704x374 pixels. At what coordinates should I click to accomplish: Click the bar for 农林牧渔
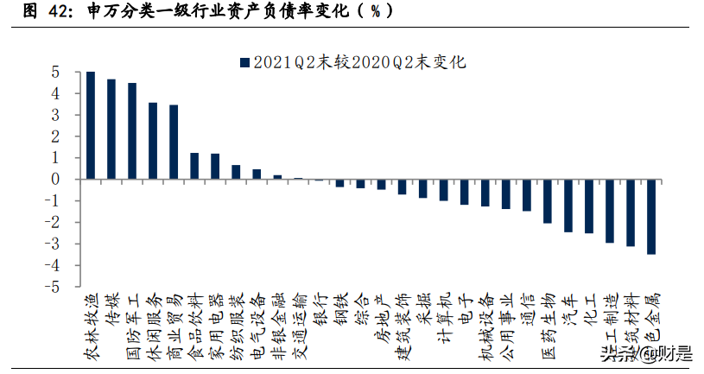[x=91, y=125]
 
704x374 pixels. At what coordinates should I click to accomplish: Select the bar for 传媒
[x=111, y=130]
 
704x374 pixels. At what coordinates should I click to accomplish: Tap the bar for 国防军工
[x=132, y=131]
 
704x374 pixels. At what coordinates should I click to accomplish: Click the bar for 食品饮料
[x=194, y=166]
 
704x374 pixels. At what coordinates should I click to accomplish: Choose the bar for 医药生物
[x=547, y=201]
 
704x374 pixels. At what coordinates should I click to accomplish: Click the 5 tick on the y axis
[x=54, y=72]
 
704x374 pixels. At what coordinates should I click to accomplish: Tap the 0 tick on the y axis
[x=54, y=179]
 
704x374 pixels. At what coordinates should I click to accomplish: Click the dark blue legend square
[x=245, y=61]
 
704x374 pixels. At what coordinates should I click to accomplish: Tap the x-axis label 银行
[x=319, y=306]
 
